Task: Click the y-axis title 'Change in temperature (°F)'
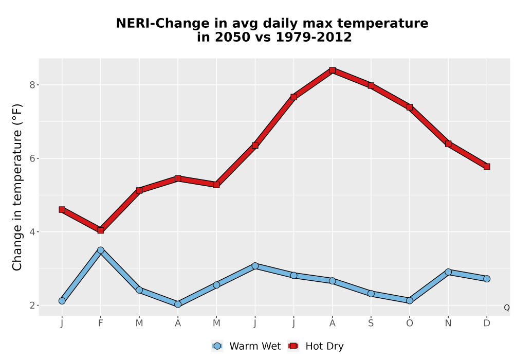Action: coord(17,187)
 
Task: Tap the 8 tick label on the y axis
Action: coord(32,85)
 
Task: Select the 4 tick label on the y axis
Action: coord(32,232)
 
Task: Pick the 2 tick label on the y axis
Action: coord(32,305)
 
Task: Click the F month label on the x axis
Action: coord(101,323)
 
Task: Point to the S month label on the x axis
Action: coord(371,323)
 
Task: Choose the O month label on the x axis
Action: coord(410,323)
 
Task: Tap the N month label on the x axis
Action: coord(448,323)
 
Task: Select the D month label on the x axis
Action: coord(487,323)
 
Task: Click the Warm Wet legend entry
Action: coord(246,346)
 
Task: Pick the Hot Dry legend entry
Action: coord(316,346)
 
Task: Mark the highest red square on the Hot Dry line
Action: coord(333,70)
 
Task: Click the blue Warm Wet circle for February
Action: coord(101,250)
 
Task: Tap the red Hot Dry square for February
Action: coord(101,230)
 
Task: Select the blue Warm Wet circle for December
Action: coord(487,279)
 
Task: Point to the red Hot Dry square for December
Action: coord(487,167)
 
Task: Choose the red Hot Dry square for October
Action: coord(410,107)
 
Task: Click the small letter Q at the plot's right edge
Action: coord(507,308)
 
